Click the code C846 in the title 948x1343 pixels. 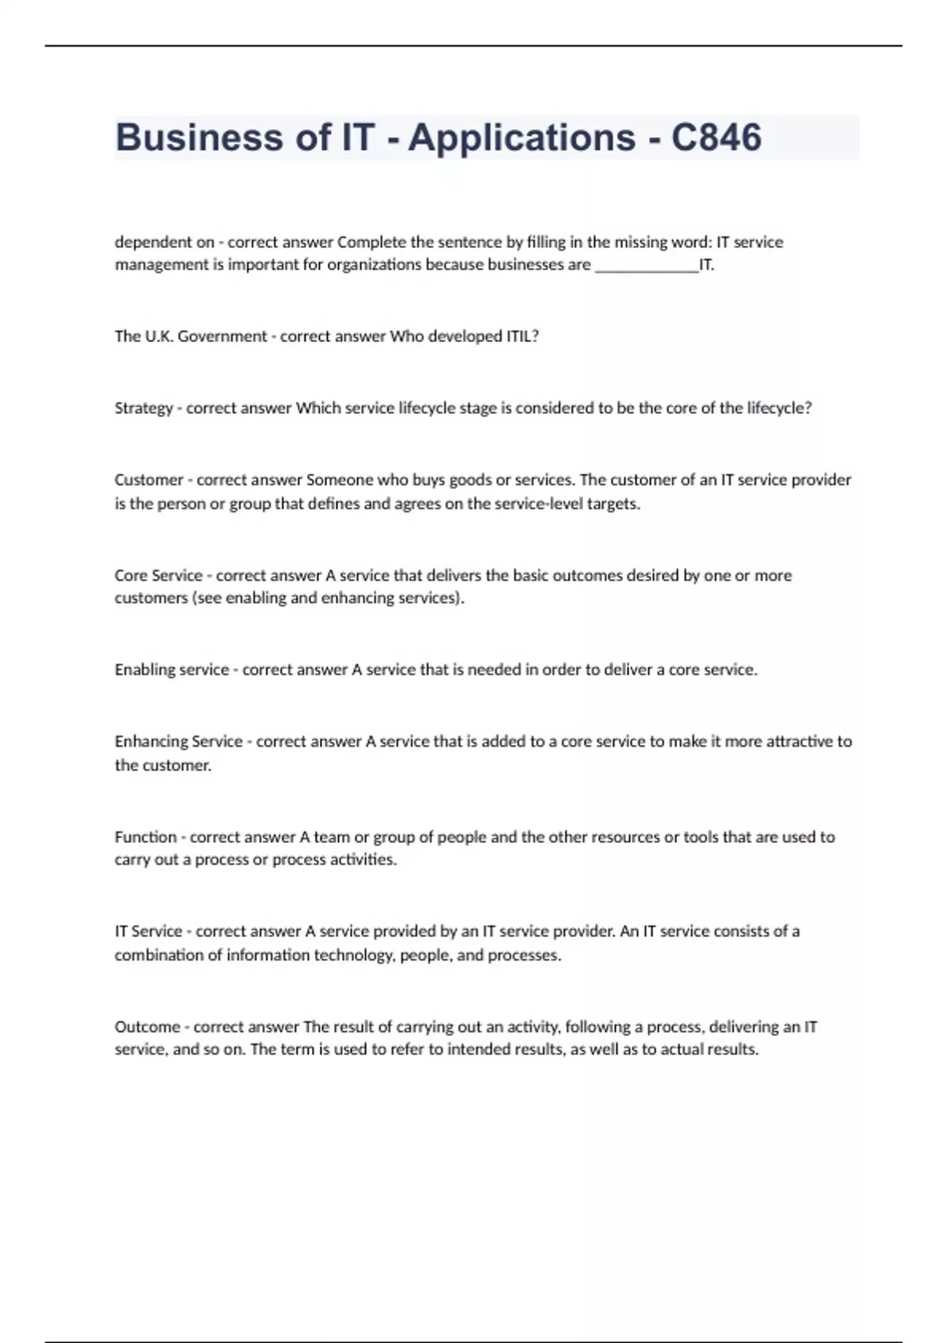716,137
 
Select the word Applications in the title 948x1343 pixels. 521,137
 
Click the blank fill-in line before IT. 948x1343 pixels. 646,265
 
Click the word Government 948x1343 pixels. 222,337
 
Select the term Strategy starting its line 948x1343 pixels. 143,408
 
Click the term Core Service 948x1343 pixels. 158,576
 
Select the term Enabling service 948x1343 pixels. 171,670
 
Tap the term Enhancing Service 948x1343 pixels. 179,742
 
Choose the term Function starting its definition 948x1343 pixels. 145,837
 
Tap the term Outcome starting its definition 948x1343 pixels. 147,1027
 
